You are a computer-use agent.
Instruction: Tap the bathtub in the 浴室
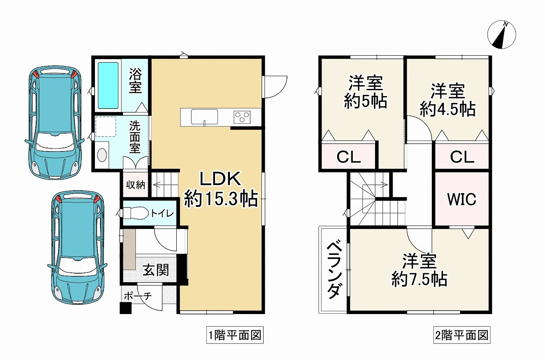[108, 85]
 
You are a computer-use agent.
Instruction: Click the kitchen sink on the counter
[204, 117]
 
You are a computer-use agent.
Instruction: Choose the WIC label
[462, 199]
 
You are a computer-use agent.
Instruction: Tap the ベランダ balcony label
[334, 270]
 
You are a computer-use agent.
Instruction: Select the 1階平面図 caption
[234, 335]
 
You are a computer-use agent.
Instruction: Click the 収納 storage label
[135, 185]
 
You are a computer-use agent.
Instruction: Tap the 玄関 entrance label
[155, 269]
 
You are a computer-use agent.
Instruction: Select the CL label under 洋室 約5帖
[349, 157]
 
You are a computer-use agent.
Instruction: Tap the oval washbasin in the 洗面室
[102, 155]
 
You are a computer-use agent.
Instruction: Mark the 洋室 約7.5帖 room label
[419, 270]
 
